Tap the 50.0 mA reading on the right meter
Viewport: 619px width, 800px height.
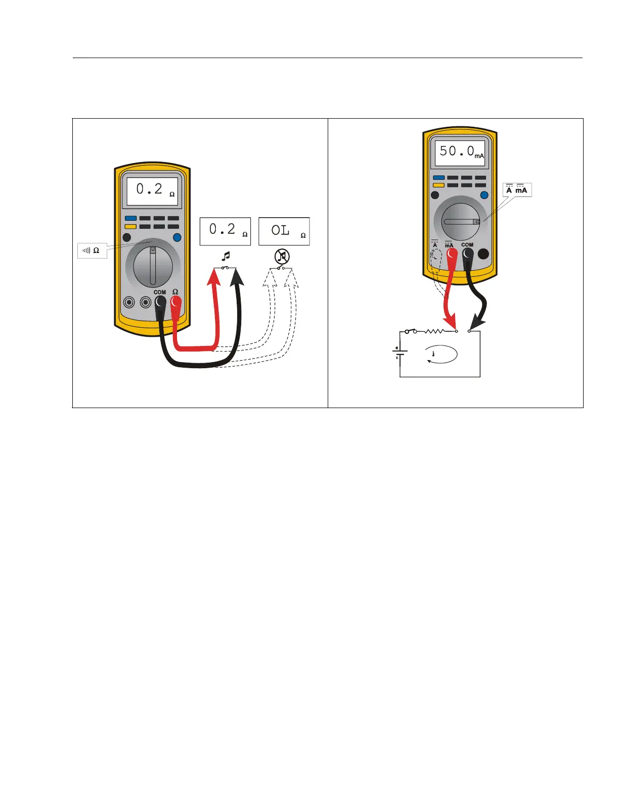[x=461, y=152]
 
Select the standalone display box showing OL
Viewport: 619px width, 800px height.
[x=284, y=231]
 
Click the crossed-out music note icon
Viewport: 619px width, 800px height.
[x=282, y=257]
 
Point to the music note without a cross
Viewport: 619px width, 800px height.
[x=226, y=256]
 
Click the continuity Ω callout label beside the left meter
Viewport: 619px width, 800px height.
[x=92, y=251]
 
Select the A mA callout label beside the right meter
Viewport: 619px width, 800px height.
[x=517, y=190]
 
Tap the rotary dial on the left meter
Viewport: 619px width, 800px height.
[x=153, y=266]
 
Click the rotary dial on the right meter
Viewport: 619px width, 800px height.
[x=461, y=222]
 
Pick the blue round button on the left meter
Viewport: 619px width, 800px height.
[x=177, y=237]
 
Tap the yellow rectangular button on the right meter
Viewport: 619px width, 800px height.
[x=438, y=185]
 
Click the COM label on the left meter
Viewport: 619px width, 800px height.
[x=160, y=292]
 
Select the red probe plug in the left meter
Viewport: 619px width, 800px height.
[x=175, y=303]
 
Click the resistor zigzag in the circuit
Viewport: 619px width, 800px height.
[x=434, y=331]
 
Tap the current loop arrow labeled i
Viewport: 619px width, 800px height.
[x=441, y=355]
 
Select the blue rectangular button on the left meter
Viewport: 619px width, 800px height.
[x=130, y=219]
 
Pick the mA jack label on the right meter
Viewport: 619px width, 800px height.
[x=449, y=245]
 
